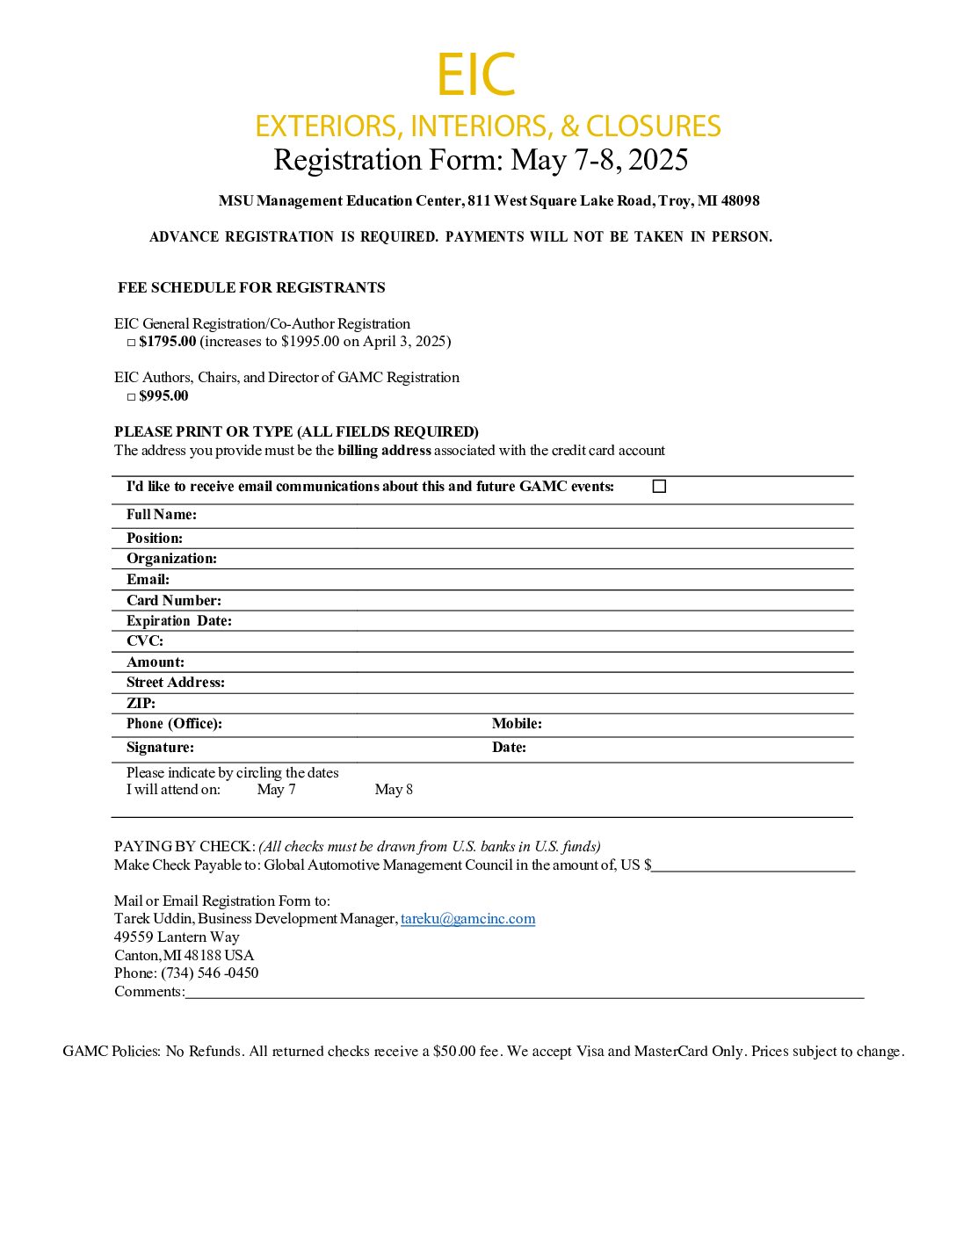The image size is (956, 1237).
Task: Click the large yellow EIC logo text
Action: [475, 76]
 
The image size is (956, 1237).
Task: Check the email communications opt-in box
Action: [659, 487]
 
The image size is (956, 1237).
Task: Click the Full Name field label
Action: [162, 515]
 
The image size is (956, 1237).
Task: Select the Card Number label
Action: [174, 601]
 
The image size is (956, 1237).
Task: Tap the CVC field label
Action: [145, 641]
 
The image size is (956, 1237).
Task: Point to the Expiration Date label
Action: [179, 621]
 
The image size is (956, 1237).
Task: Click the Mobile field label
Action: [517, 724]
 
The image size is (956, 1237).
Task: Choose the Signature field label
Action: [160, 748]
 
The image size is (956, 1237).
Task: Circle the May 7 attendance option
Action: [276, 790]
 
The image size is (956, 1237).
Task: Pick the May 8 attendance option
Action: [394, 790]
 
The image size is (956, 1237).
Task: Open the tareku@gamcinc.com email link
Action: [467, 919]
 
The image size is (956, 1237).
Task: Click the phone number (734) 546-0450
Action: [209, 973]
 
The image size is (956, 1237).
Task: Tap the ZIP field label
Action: [141, 704]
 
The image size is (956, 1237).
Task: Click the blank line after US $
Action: [753, 867]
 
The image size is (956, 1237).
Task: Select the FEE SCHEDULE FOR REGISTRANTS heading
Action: [251, 288]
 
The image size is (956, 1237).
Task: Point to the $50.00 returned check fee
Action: [454, 1052]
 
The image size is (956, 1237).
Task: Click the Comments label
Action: [149, 992]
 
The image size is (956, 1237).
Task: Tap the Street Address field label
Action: [176, 683]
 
